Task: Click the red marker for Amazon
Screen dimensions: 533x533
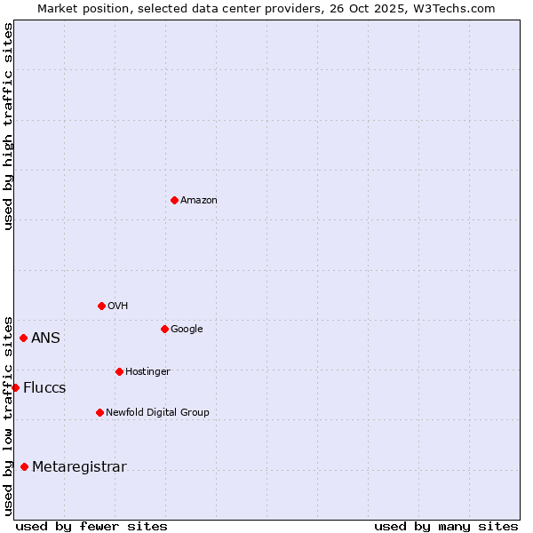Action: tap(174, 200)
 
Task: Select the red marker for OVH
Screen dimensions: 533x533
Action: tap(101, 306)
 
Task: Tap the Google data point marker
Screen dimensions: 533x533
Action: tap(164, 329)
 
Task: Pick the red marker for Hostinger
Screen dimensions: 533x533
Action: tap(119, 371)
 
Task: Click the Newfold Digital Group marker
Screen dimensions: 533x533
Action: tap(99, 412)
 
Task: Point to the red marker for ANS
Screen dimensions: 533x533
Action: tap(23, 338)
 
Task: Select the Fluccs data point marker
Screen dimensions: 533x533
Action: tap(15, 387)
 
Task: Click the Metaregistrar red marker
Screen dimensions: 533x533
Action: tap(24, 466)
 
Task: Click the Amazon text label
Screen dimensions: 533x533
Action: tap(199, 201)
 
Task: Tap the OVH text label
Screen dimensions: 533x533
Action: tap(118, 306)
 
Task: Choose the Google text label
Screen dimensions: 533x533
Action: tap(187, 330)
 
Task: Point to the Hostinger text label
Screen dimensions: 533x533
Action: tap(147, 372)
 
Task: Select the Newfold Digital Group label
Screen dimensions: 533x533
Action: tap(157, 413)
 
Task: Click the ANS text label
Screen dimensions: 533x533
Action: tap(46, 338)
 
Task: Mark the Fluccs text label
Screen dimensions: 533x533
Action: tap(44, 388)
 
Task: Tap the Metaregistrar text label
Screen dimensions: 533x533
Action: tap(79, 467)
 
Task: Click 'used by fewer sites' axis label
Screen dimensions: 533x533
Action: tap(91, 526)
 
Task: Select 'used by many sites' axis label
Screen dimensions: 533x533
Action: tap(446, 526)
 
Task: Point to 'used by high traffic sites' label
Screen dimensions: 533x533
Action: tap(8, 126)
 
